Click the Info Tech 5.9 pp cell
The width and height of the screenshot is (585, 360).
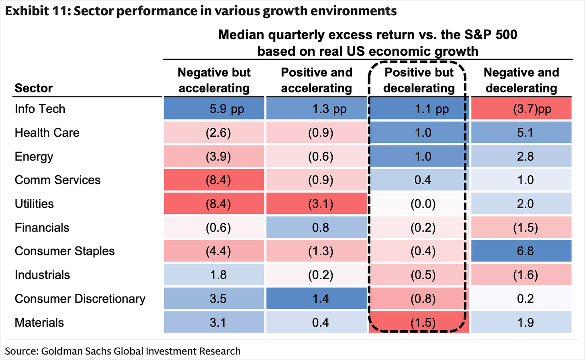coord(214,108)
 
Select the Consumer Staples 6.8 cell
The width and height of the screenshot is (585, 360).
coord(521,251)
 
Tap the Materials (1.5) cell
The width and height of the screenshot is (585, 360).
coord(419,322)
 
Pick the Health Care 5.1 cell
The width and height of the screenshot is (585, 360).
coord(521,133)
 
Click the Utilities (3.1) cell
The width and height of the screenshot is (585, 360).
coord(317,204)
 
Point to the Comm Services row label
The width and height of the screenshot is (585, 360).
coord(57,180)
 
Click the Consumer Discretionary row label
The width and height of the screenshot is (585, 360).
coord(80,299)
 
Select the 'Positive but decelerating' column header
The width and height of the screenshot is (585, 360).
coord(419,80)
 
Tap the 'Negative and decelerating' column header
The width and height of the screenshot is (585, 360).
coord(521,80)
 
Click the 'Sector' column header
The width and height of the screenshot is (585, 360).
coord(34,88)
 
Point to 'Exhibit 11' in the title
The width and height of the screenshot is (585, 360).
coord(38,11)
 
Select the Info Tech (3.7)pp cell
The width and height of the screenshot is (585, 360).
coord(521,108)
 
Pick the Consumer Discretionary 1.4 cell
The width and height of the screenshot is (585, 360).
coord(317,299)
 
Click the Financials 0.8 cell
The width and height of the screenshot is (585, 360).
coord(317,227)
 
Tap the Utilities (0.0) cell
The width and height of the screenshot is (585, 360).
coord(419,204)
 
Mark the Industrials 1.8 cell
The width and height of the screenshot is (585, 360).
coord(214,274)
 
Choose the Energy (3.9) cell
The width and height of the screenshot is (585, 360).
coord(214,156)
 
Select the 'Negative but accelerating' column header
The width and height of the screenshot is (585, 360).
coord(214,80)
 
